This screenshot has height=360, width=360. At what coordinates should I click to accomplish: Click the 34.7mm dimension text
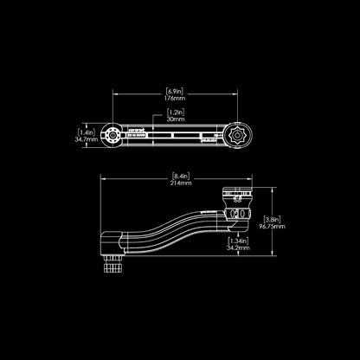click(x=85, y=138)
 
